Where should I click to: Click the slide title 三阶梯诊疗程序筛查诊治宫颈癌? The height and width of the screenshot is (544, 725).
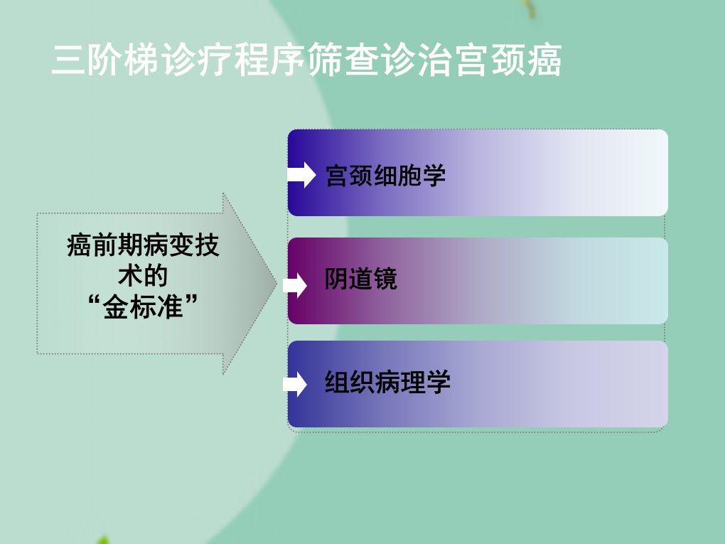pos(306,60)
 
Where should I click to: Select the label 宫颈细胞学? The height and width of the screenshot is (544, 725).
pos(386,176)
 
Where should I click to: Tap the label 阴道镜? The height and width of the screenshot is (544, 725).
pos(361,279)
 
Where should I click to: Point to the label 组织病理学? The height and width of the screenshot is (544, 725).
pos(387,382)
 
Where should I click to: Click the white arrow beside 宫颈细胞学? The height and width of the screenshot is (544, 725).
pos(301,175)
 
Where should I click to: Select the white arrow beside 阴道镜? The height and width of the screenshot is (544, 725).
pos(295,285)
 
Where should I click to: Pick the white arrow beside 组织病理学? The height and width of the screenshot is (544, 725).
pos(295,385)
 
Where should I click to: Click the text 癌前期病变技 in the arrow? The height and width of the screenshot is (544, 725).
pos(143,245)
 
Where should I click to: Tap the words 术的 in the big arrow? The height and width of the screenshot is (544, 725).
pos(143,276)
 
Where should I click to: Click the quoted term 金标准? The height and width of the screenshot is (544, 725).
pos(143,306)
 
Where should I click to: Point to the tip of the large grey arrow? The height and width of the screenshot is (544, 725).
pos(277,284)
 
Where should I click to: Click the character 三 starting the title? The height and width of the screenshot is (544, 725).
pos(68,60)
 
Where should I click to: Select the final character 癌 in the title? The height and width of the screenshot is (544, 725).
pos(544,60)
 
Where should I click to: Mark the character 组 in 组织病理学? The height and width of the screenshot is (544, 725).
pos(337,382)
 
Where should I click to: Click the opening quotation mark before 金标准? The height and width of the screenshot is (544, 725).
pos(94,301)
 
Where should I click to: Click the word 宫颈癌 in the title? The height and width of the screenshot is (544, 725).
pos(509,60)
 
